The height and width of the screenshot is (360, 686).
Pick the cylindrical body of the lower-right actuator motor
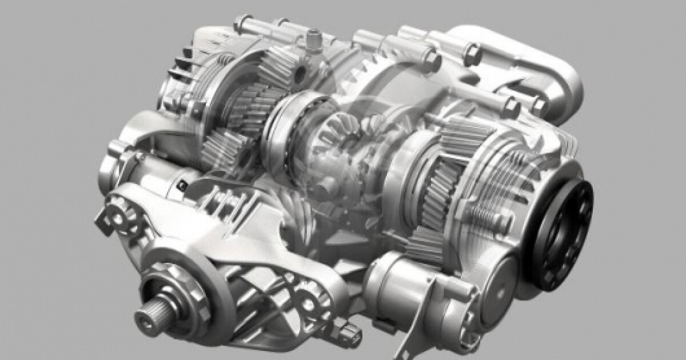[400, 286]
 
